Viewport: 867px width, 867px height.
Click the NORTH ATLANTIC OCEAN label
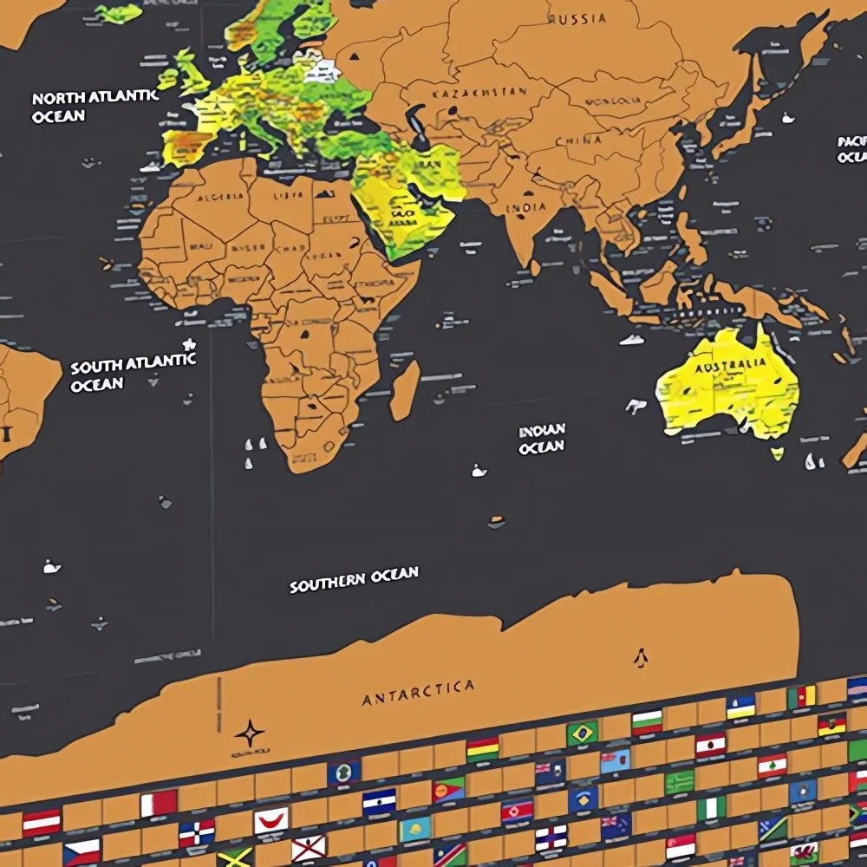coord(95,106)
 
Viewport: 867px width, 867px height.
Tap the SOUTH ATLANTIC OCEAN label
coord(133,373)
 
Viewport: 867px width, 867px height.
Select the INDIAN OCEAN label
coord(542,439)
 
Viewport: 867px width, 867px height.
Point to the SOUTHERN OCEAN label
coord(354,579)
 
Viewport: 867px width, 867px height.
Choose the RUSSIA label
coord(578,18)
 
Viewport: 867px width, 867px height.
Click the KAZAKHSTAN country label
coord(479,92)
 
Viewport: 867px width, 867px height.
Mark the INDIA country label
coord(526,206)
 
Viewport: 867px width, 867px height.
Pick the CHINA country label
coord(577,140)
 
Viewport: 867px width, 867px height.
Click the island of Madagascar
coord(404,390)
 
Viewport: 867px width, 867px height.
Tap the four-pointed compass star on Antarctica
coord(249,733)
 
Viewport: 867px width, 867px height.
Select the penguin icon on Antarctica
coord(641,658)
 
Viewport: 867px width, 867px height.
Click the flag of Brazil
coord(583,733)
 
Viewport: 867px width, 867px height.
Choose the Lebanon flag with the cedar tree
coord(772,765)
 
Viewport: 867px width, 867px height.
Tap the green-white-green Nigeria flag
coord(712,808)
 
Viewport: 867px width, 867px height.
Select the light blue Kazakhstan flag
coord(414,829)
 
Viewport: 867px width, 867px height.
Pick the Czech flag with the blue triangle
coord(81,851)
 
